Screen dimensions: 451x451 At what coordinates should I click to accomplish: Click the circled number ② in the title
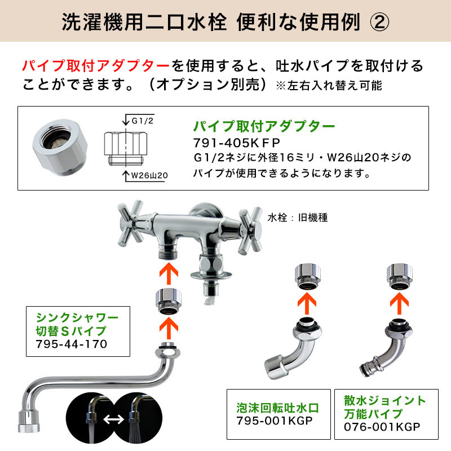point(379,22)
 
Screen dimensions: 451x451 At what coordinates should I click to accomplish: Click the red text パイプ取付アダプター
point(96,66)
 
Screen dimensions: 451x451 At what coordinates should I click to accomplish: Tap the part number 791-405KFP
point(236,143)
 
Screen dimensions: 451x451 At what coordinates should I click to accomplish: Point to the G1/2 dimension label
point(143,121)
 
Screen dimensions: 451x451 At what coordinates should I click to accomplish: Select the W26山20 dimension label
point(149,175)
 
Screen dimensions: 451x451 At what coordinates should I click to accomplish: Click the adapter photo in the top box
point(60,147)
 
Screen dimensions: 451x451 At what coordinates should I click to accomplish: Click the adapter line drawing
point(126,148)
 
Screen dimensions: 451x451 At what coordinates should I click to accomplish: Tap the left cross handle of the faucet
point(130,223)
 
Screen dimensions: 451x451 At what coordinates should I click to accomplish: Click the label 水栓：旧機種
point(298,218)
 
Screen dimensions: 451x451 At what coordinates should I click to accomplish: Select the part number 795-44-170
point(72,344)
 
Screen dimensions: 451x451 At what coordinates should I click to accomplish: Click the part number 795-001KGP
point(275,421)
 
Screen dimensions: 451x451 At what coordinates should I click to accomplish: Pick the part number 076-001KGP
point(382,427)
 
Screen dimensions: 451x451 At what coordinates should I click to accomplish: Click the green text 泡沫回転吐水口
point(278,408)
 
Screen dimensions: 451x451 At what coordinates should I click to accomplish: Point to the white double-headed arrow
point(114,419)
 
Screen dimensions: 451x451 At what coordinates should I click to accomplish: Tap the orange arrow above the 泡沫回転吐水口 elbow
point(307,303)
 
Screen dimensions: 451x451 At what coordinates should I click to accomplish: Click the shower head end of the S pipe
point(29,421)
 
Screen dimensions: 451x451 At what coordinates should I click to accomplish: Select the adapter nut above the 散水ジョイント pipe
point(400,276)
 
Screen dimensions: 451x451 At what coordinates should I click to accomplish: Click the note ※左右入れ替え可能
point(329,86)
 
